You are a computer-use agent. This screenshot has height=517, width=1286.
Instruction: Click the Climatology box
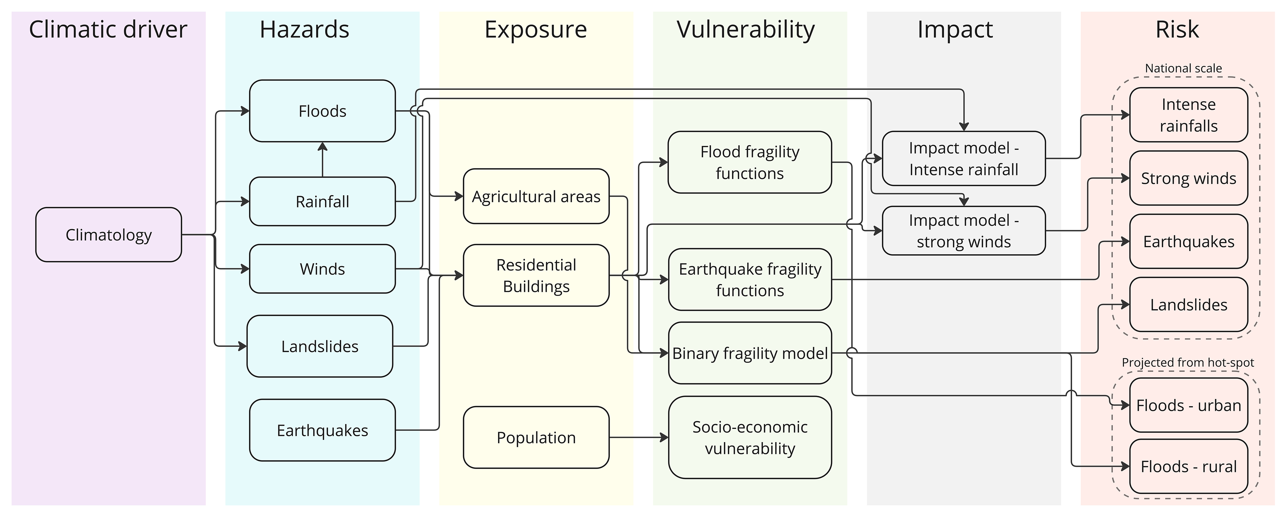tap(108, 235)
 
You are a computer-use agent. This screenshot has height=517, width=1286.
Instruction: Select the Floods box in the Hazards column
tap(322, 111)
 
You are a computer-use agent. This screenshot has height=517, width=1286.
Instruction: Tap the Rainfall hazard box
tap(322, 202)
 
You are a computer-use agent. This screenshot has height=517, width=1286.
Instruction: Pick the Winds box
tap(322, 269)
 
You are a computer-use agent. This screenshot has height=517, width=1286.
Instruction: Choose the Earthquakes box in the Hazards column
tap(322, 430)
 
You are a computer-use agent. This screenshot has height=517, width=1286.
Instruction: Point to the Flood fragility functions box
tap(749, 162)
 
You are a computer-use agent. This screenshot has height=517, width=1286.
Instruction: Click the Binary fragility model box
tap(749, 353)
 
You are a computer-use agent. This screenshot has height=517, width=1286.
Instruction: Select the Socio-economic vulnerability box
tap(749, 438)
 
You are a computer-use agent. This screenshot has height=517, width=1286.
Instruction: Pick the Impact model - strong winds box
tap(964, 231)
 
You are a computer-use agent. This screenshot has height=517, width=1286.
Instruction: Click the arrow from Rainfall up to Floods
tap(322, 160)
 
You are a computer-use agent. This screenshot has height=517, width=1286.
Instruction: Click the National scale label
tap(1183, 68)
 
